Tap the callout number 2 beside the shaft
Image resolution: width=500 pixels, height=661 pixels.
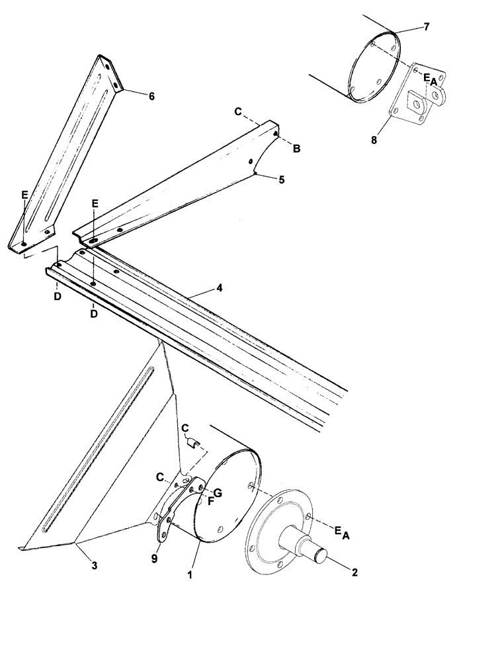pyautogui.click(x=354, y=572)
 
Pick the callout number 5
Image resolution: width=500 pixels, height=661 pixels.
pyautogui.click(x=281, y=179)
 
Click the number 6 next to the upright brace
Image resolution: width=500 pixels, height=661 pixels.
pyautogui.click(x=151, y=97)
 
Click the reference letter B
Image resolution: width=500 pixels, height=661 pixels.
pyautogui.click(x=297, y=149)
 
